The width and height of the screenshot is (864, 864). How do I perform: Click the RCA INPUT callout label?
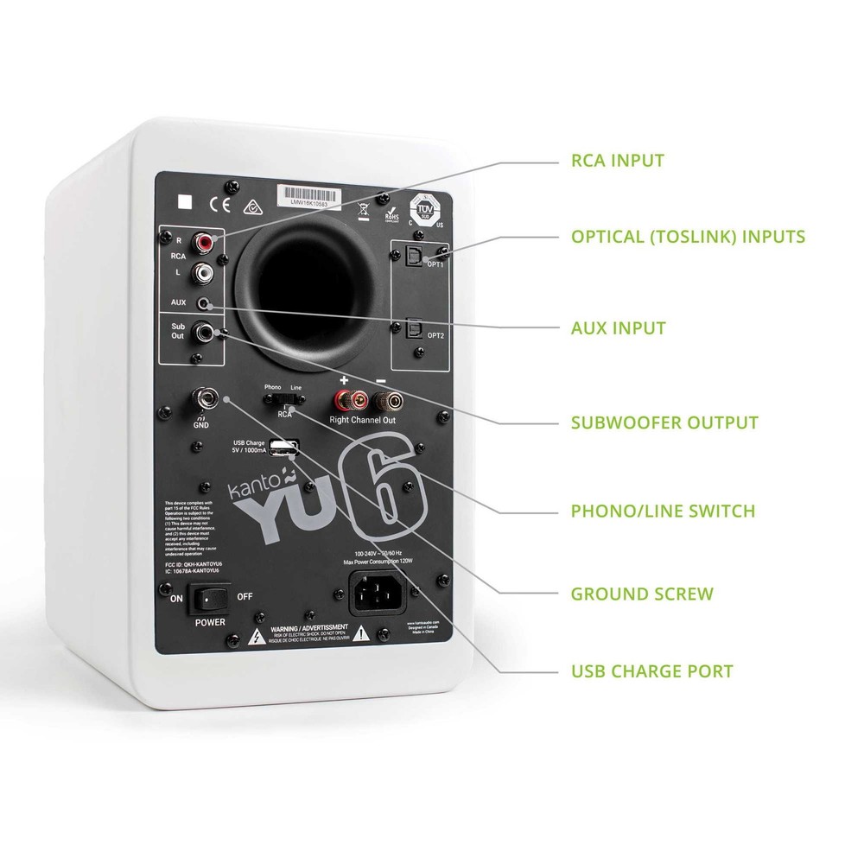pyautogui.click(x=618, y=160)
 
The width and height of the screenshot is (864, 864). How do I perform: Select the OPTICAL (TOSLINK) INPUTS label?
pyautogui.click(x=688, y=236)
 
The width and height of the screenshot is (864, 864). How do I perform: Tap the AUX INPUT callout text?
pyautogui.click(x=618, y=328)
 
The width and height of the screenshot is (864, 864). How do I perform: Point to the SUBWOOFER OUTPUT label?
pyautogui.click(x=664, y=422)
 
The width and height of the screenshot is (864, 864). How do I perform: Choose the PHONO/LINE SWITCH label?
pyautogui.click(x=663, y=511)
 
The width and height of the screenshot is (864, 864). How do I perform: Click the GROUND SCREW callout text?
pyautogui.click(x=642, y=594)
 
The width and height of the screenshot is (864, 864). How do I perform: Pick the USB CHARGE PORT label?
pyautogui.click(x=652, y=670)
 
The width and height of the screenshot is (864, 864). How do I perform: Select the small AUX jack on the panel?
pyautogui.click(x=205, y=304)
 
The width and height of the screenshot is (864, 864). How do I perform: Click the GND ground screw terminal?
pyautogui.click(x=207, y=399)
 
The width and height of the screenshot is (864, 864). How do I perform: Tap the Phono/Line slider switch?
pyautogui.click(x=283, y=399)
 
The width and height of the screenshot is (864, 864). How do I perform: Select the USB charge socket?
pyautogui.click(x=283, y=448)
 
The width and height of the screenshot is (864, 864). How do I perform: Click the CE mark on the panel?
pyautogui.click(x=216, y=205)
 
